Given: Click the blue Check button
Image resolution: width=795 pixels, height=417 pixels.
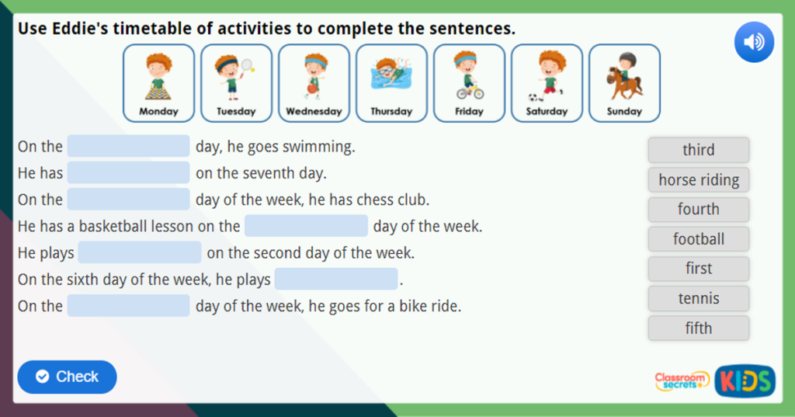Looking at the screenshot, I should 67,377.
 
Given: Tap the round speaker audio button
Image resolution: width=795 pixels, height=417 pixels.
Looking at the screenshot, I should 754,43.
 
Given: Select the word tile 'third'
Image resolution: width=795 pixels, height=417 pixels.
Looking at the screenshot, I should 698,150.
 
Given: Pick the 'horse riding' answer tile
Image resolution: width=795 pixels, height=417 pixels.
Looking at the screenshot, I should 698,180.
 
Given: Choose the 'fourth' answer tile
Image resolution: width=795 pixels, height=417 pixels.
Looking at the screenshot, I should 698,210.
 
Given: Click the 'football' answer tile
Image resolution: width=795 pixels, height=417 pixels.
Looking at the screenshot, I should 698,239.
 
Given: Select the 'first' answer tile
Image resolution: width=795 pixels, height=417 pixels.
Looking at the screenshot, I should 698,269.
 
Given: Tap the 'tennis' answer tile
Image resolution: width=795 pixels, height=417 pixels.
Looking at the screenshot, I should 698,298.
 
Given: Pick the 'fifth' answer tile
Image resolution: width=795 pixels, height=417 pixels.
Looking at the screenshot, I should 698,328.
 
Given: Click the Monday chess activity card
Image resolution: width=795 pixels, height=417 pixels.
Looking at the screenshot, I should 158,82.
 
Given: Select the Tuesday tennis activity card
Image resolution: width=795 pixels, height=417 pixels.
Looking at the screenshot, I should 236,82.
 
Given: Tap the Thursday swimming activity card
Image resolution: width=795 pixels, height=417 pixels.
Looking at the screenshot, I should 391,82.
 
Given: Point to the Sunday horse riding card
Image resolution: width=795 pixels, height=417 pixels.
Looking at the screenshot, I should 624,82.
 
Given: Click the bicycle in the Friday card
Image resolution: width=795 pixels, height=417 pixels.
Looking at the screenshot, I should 470,92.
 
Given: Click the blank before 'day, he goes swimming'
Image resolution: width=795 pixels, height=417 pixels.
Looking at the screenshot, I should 128,146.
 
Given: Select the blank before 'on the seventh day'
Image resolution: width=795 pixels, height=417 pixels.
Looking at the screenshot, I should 128,172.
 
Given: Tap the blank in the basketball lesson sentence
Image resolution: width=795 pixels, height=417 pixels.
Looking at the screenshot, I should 306,226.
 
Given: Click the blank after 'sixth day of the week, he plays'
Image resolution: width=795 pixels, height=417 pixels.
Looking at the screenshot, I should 335,279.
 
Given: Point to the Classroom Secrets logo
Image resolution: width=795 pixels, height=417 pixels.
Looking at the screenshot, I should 682,381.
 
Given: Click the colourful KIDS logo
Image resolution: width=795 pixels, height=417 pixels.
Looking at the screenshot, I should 745,381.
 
